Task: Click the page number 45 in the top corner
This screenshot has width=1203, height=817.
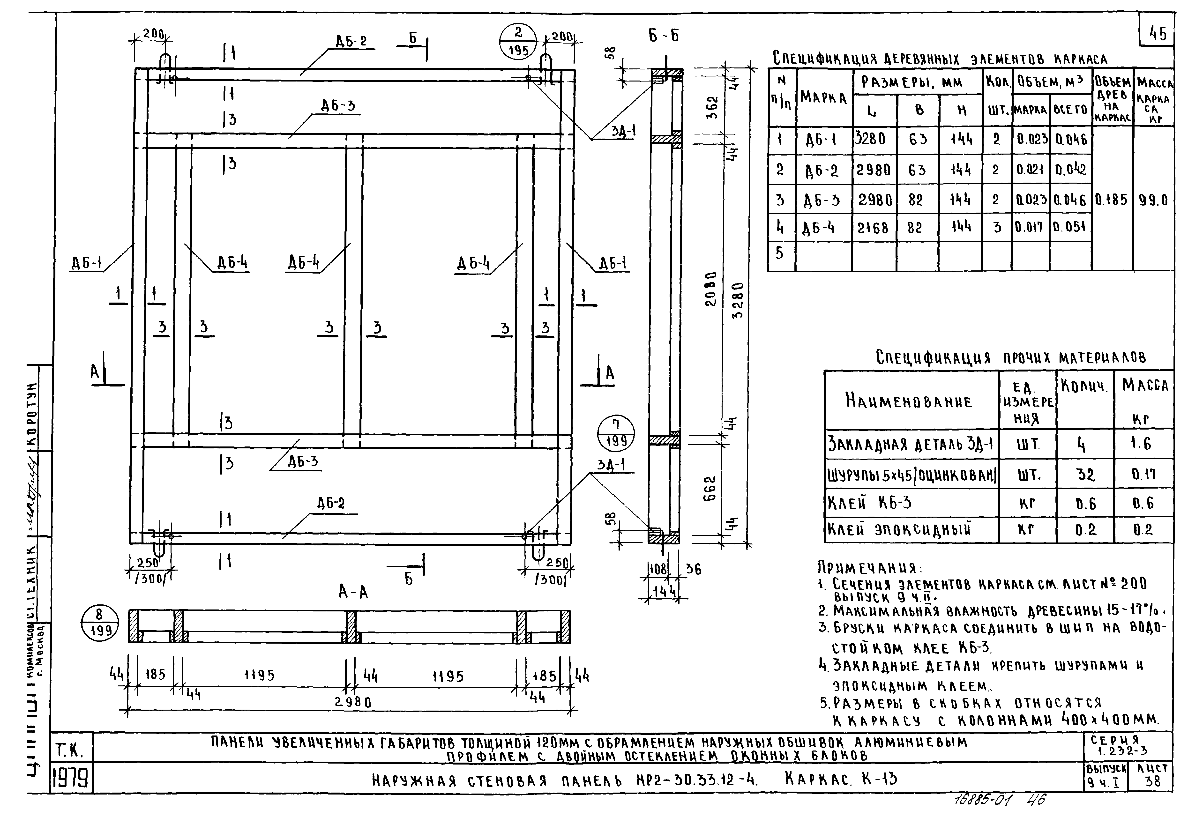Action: (x=1158, y=34)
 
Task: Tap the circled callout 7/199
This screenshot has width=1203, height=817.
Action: (x=616, y=434)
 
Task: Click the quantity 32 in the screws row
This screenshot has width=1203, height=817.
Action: (x=1085, y=474)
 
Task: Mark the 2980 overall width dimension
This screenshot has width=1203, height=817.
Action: (x=353, y=702)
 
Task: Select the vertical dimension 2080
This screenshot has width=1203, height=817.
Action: (x=712, y=289)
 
